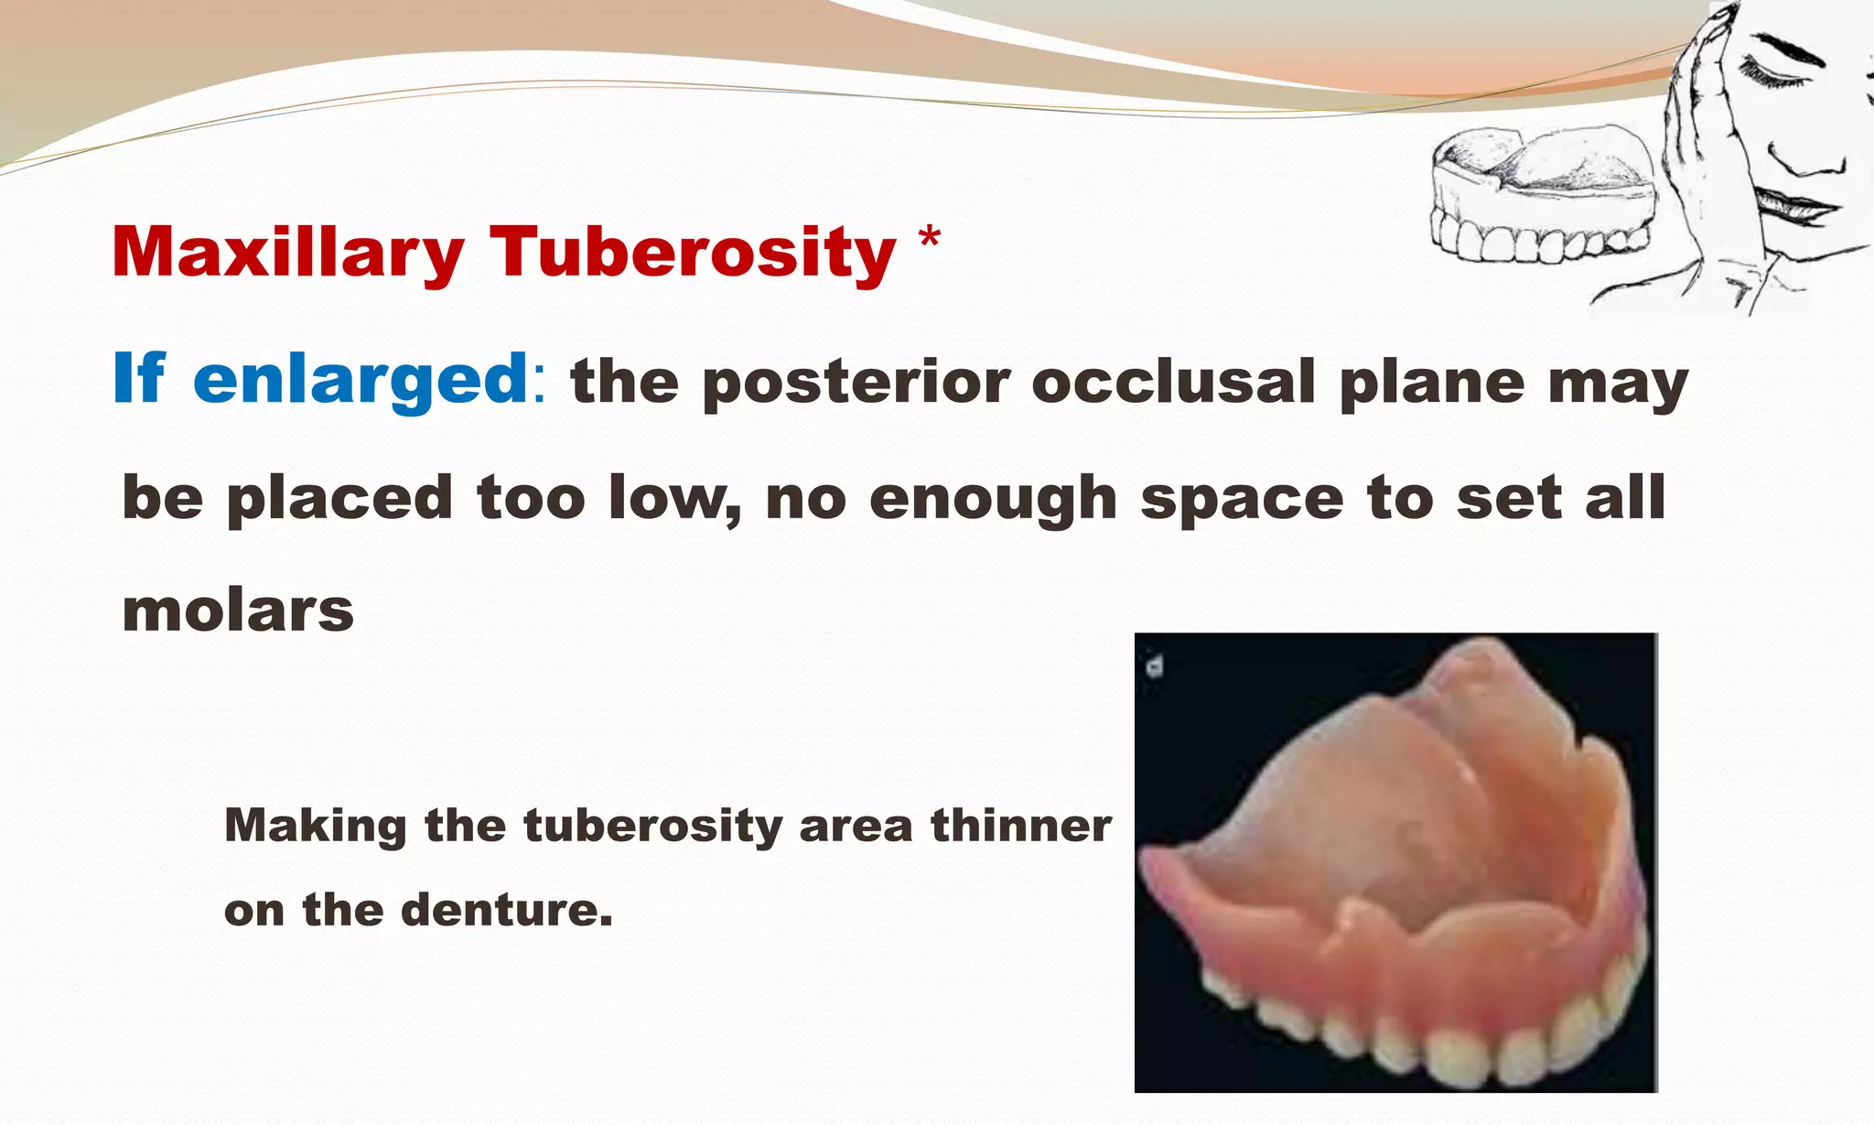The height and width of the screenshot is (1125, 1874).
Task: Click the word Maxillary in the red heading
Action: click(287, 253)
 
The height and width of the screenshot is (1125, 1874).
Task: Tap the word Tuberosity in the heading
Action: click(693, 253)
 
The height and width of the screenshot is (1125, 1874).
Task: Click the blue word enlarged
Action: click(361, 379)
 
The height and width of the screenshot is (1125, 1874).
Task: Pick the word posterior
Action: click(856, 383)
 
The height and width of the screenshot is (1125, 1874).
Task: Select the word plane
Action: click(1430, 383)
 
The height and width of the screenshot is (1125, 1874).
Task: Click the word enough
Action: click(992, 500)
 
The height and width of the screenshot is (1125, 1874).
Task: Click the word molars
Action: click(238, 610)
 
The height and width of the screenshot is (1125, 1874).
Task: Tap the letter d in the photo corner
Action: click(1155, 665)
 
